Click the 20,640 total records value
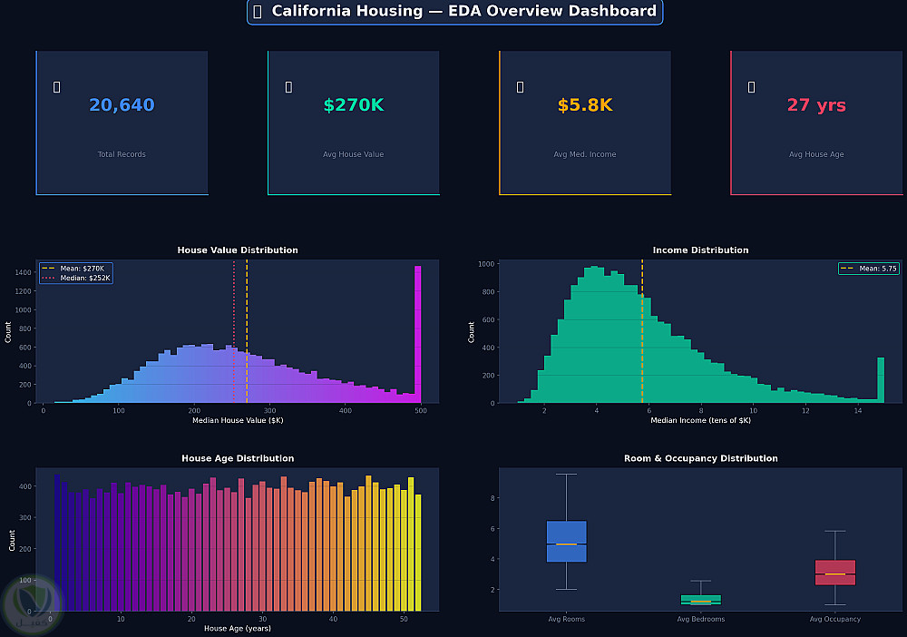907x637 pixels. click(122, 105)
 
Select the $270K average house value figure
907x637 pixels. click(353, 105)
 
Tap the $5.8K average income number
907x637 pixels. click(584, 105)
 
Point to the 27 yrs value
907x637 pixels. click(816, 105)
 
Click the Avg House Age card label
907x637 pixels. click(816, 154)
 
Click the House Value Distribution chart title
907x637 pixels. click(238, 250)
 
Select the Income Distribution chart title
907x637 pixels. click(700, 250)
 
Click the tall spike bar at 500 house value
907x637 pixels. click(418, 336)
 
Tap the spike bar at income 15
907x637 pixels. click(881, 379)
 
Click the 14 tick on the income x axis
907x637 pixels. click(857, 411)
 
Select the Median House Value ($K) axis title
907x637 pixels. click(238, 420)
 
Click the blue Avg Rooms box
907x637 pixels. click(567, 541)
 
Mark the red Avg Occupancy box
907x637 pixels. click(835, 573)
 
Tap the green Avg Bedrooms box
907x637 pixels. click(701, 600)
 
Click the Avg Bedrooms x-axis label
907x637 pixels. click(701, 619)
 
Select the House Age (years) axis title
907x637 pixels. click(238, 628)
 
